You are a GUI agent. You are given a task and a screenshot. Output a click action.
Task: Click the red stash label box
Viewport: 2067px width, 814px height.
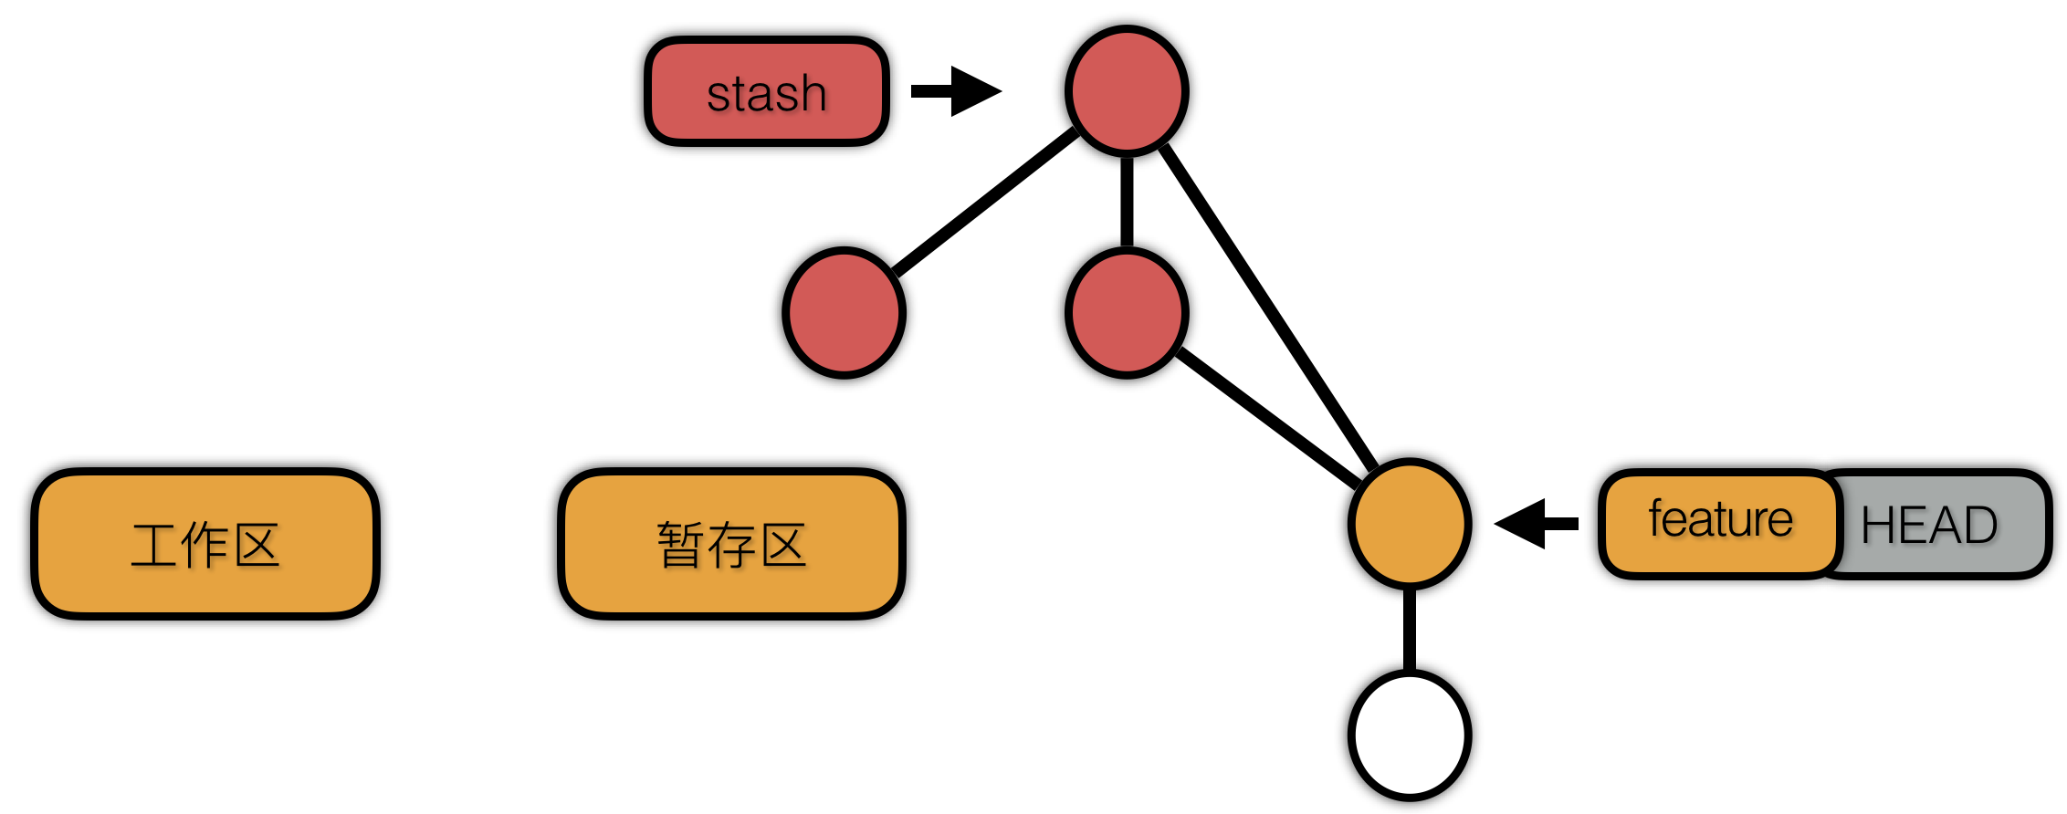(766, 91)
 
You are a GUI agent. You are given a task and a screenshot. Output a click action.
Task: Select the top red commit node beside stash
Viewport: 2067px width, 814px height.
(1127, 90)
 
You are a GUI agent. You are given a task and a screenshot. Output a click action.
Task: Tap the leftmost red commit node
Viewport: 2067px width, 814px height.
(844, 312)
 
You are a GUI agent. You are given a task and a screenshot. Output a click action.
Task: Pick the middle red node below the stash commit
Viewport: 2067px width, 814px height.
(1127, 312)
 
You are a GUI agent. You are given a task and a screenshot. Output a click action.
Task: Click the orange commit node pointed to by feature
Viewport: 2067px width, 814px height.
(1410, 523)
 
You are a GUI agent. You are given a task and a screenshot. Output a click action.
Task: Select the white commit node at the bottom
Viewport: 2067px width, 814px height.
(1410, 735)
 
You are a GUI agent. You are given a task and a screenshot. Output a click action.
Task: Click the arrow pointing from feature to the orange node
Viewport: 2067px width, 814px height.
(1537, 523)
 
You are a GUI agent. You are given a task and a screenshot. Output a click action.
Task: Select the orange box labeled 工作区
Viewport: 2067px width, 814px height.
(205, 544)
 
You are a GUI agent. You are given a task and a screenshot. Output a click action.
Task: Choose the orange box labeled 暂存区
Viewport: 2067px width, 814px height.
(731, 544)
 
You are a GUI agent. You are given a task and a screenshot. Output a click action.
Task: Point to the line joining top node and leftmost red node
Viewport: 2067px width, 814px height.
(986, 203)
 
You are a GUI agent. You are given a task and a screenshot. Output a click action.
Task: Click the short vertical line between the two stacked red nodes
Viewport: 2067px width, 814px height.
(1127, 201)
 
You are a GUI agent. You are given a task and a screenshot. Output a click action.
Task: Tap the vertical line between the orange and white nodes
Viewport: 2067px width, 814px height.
(1410, 630)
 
